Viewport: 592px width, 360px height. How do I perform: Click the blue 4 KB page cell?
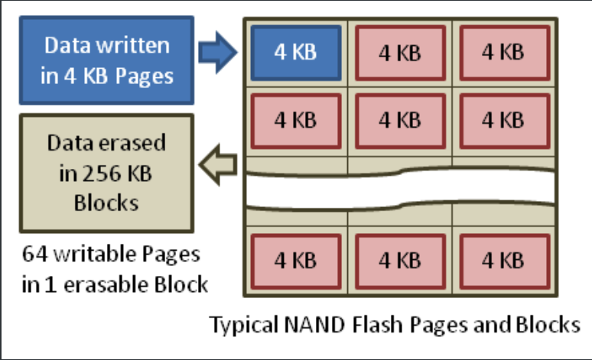click(295, 53)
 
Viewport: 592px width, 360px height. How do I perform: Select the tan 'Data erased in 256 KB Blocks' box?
click(106, 174)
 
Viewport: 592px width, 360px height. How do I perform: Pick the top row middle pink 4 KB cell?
click(399, 53)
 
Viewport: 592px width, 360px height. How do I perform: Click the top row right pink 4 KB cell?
click(503, 53)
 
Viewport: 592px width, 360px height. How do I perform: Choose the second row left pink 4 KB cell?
click(295, 120)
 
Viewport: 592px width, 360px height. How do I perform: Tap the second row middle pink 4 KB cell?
click(399, 120)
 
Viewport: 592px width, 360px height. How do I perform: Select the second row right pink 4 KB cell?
click(503, 120)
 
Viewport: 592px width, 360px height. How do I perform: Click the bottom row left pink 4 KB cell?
click(295, 260)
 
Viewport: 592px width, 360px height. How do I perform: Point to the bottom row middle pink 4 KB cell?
click(399, 260)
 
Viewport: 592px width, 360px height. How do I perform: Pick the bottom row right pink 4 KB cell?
click(503, 260)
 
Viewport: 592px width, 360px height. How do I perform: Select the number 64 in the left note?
click(34, 254)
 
